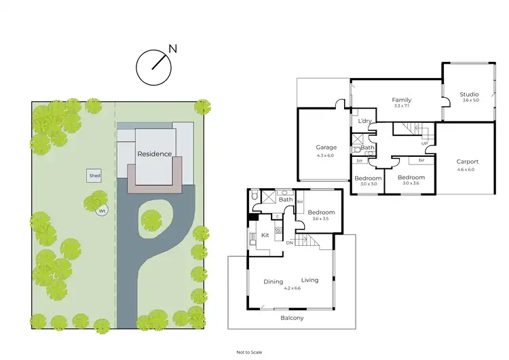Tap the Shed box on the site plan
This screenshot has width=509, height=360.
(94, 176)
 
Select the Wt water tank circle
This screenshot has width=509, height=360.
(102, 211)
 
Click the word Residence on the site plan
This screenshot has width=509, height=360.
(155, 154)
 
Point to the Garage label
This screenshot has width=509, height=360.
(326, 147)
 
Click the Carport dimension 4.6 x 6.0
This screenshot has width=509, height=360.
(467, 170)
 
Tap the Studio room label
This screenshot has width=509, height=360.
(468, 94)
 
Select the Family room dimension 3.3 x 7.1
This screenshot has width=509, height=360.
(402, 106)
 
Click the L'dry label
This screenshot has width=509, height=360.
(364, 122)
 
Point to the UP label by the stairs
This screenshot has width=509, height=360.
(424, 143)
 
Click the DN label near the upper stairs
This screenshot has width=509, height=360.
(289, 242)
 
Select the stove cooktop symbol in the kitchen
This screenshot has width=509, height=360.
(278, 230)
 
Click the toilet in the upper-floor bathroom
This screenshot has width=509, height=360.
(254, 196)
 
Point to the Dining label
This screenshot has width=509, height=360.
(274, 281)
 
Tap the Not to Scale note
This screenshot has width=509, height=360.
(248, 353)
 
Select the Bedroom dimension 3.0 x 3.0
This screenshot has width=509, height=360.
(368, 183)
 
